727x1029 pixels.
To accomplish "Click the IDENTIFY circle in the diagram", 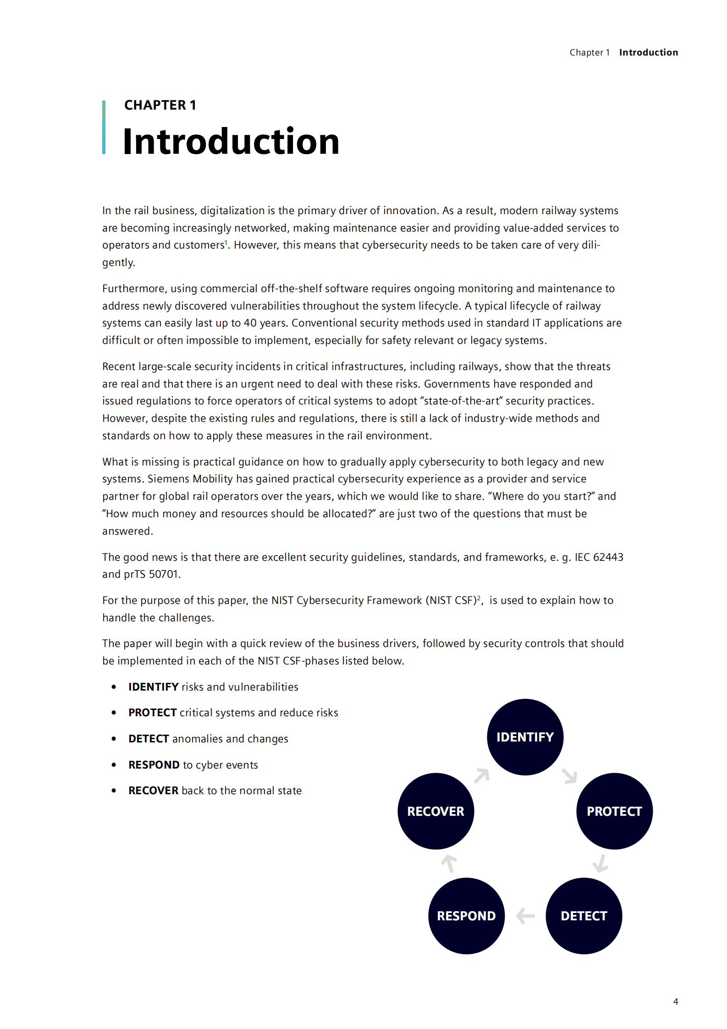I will pos(525,737).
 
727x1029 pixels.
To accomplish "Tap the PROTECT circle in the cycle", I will pos(614,811).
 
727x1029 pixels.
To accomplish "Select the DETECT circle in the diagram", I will pos(584,916).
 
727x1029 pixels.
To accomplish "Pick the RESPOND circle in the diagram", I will pos(466,916).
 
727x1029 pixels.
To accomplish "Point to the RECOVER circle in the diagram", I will pos(435,811).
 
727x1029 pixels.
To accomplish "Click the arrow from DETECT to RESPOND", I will pos(525,916).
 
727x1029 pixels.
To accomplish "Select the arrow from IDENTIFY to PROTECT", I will pos(570,776).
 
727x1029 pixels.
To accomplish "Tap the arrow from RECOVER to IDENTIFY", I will pos(482,775).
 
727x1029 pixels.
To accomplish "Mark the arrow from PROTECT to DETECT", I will pos(600,863).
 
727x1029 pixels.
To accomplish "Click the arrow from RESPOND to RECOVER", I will pos(449,863).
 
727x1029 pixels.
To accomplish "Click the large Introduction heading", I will pos(231,141).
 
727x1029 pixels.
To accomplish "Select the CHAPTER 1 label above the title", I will pos(160,105).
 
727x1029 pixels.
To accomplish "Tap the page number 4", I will pos(675,1001).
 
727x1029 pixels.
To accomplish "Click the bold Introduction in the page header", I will pos(648,53).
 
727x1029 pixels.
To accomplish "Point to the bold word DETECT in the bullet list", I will pos(149,739).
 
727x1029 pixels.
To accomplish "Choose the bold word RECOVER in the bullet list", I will pos(153,791).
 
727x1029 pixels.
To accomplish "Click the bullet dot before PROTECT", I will pos(114,713).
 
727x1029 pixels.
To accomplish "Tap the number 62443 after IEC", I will pos(608,557).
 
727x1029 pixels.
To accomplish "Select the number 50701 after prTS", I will pos(163,574).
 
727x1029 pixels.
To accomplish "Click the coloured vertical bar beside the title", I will pos(104,127).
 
